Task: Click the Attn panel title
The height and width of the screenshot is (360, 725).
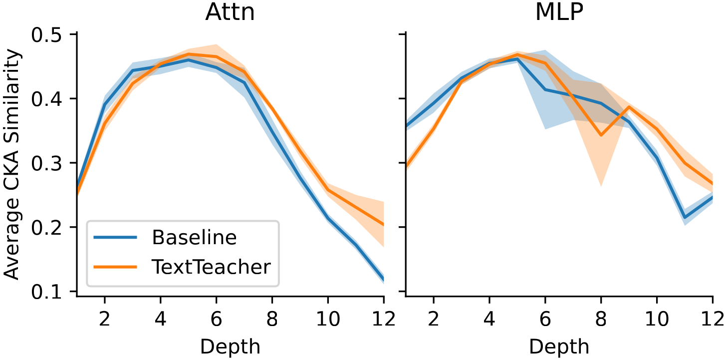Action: point(230,12)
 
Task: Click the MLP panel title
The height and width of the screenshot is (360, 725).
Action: point(559,12)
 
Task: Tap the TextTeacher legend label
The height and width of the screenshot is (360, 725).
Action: point(211,267)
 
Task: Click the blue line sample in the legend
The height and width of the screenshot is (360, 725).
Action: point(115,237)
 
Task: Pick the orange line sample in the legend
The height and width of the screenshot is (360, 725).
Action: point(115,267)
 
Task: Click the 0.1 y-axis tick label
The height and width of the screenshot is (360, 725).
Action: point(46,292)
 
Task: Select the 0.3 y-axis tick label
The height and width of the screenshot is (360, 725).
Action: point(46,163)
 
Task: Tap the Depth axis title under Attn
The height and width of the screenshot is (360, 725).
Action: point(230,347)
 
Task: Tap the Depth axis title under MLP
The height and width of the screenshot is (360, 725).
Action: point(559,347)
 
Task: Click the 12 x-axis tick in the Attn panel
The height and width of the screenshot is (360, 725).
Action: point(384,319)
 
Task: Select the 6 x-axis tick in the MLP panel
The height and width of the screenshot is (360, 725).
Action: point(545,319)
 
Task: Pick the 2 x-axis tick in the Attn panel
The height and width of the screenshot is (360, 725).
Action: point(104,319)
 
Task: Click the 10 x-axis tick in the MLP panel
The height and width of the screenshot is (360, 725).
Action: point(657,319)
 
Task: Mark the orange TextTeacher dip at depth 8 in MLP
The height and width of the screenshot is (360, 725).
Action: point(601,135)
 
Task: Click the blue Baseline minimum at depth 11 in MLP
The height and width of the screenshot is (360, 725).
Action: point(685,217)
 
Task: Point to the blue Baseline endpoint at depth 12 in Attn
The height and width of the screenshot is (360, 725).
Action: point(383,279)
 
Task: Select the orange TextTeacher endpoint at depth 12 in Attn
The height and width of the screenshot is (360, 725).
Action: point(383,225)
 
